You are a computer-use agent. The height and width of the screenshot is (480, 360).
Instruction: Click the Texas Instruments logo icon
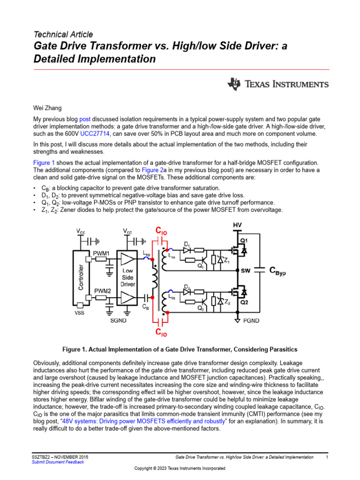point(234,84)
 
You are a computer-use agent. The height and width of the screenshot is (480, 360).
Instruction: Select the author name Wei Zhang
point(47,107)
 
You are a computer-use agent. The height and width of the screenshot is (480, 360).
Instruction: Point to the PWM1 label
point(101,253)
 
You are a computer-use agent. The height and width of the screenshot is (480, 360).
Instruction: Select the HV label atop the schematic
point(238,225)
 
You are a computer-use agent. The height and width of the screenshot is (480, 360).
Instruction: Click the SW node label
point(246,271)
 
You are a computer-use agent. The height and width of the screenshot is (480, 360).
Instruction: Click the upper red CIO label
point(161,231)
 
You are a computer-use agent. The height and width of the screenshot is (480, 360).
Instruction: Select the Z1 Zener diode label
point(226,261)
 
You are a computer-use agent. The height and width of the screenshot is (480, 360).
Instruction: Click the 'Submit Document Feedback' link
point(58,462)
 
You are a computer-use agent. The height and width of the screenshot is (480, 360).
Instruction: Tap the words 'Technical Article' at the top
point(63,34)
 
